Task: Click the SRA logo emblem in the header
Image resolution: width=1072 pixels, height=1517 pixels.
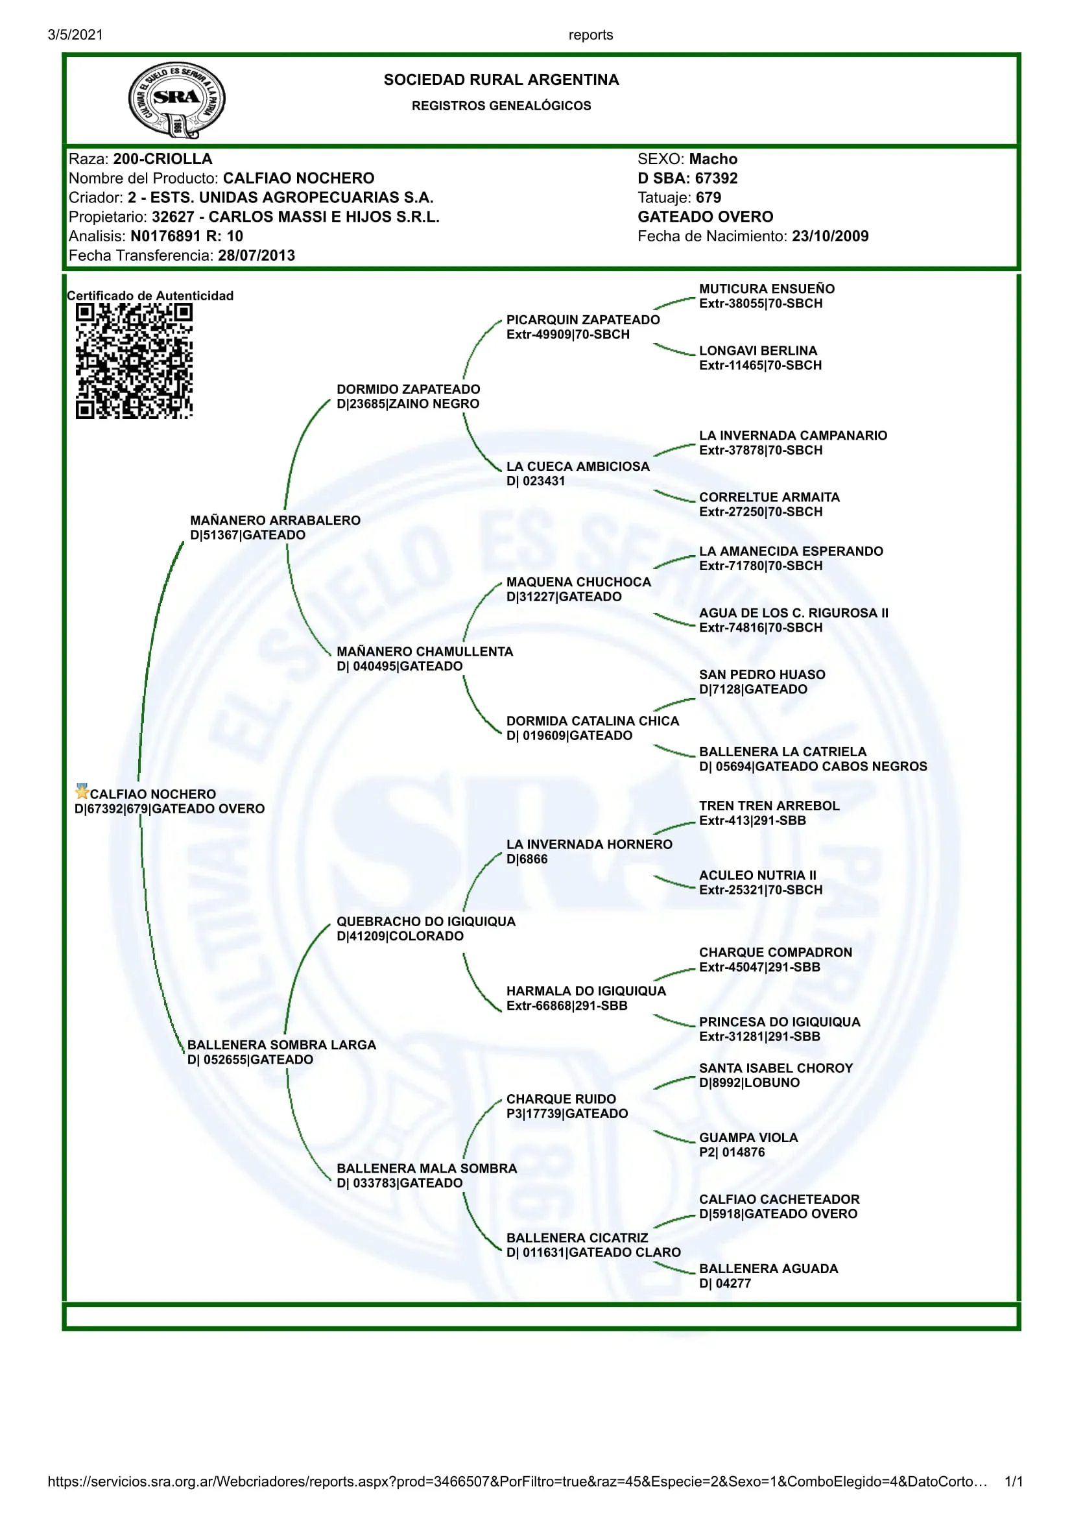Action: tap(176, 100)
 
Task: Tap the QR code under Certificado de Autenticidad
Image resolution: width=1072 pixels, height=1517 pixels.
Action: tap(134, 361)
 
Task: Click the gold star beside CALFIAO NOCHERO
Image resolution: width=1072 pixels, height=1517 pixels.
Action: tap(82, 791)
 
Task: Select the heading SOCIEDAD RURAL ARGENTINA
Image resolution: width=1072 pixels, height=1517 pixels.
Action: tap(501, 80)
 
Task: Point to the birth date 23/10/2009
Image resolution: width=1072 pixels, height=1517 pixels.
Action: tap(830, 237)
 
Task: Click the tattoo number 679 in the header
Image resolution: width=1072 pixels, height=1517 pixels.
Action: tap(708, 198)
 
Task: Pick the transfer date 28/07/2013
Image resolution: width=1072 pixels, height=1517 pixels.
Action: tap(256, 256)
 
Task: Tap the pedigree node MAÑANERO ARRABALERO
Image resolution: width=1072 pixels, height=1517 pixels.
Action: tap(276, 521)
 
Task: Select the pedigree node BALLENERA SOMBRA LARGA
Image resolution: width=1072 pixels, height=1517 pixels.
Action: tap(281, 1045)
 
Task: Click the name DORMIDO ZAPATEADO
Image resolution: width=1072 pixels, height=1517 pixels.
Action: tap(408, 389)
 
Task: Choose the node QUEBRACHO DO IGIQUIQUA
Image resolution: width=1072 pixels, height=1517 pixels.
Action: tap(426, 921)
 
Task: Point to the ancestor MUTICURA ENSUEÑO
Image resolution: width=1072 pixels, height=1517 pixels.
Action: tap(767, 289)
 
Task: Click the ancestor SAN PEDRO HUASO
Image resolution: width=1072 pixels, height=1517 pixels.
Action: tap(762, 675)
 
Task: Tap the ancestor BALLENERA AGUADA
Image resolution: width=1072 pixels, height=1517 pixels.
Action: tap(768, 1269)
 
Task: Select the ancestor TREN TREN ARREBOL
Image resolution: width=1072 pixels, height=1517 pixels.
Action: tap(770, 806)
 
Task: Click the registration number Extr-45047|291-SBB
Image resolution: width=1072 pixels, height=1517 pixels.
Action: tap(759, 967)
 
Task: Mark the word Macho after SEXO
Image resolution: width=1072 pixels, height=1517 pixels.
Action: tap(713, 160)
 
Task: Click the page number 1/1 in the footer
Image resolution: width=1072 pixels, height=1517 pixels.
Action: tap(1013, 1481)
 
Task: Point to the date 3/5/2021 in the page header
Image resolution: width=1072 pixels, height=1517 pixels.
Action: tap(75, 35)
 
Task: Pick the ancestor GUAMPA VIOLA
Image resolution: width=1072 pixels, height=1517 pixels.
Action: tap(748, 1138)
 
